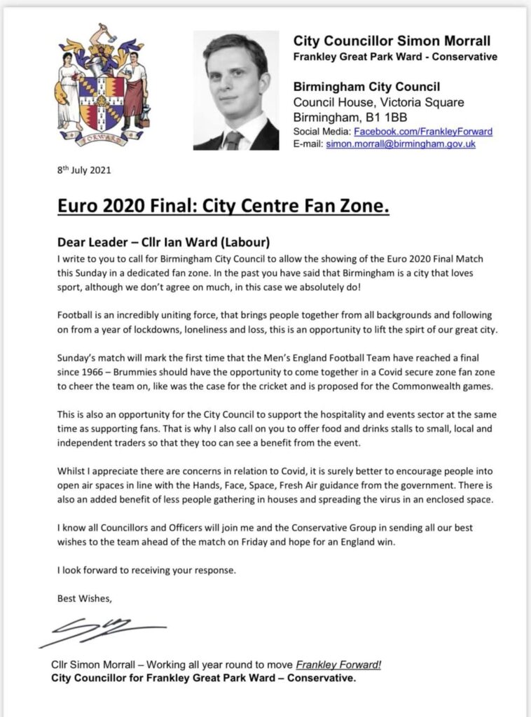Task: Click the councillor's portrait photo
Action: pyautogui.click(x=236, y=90)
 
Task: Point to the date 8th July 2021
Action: pyautogui.click(x=83, y=170)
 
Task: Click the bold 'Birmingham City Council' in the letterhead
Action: pyautogui.click(x=366, y=87)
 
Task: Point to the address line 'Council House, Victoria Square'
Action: pyautogui.click(x=373, y=102)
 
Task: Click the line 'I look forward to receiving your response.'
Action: pyautogui.click(x=146, y=570)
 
